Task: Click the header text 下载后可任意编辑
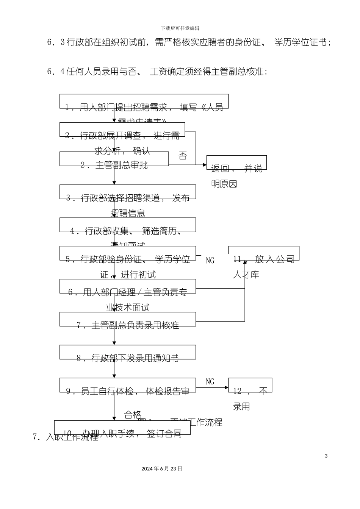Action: (x=180, y=28)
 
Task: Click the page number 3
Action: (x=326, y=456)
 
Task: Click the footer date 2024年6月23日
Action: (x=162, y=468)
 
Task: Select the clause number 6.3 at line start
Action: (x=56, y=42)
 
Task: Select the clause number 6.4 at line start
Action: (x=56, y=72)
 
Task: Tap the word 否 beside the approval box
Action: (x=183, y=156)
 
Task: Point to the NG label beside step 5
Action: (x=210, y=261)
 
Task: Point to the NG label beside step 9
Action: (x=210, y=382)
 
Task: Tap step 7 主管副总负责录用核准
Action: (x=128, y=325)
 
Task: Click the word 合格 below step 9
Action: (x=133, y=415)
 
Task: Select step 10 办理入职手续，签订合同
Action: (x=122, y=433)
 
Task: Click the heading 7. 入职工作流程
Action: (x=65, y=437)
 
